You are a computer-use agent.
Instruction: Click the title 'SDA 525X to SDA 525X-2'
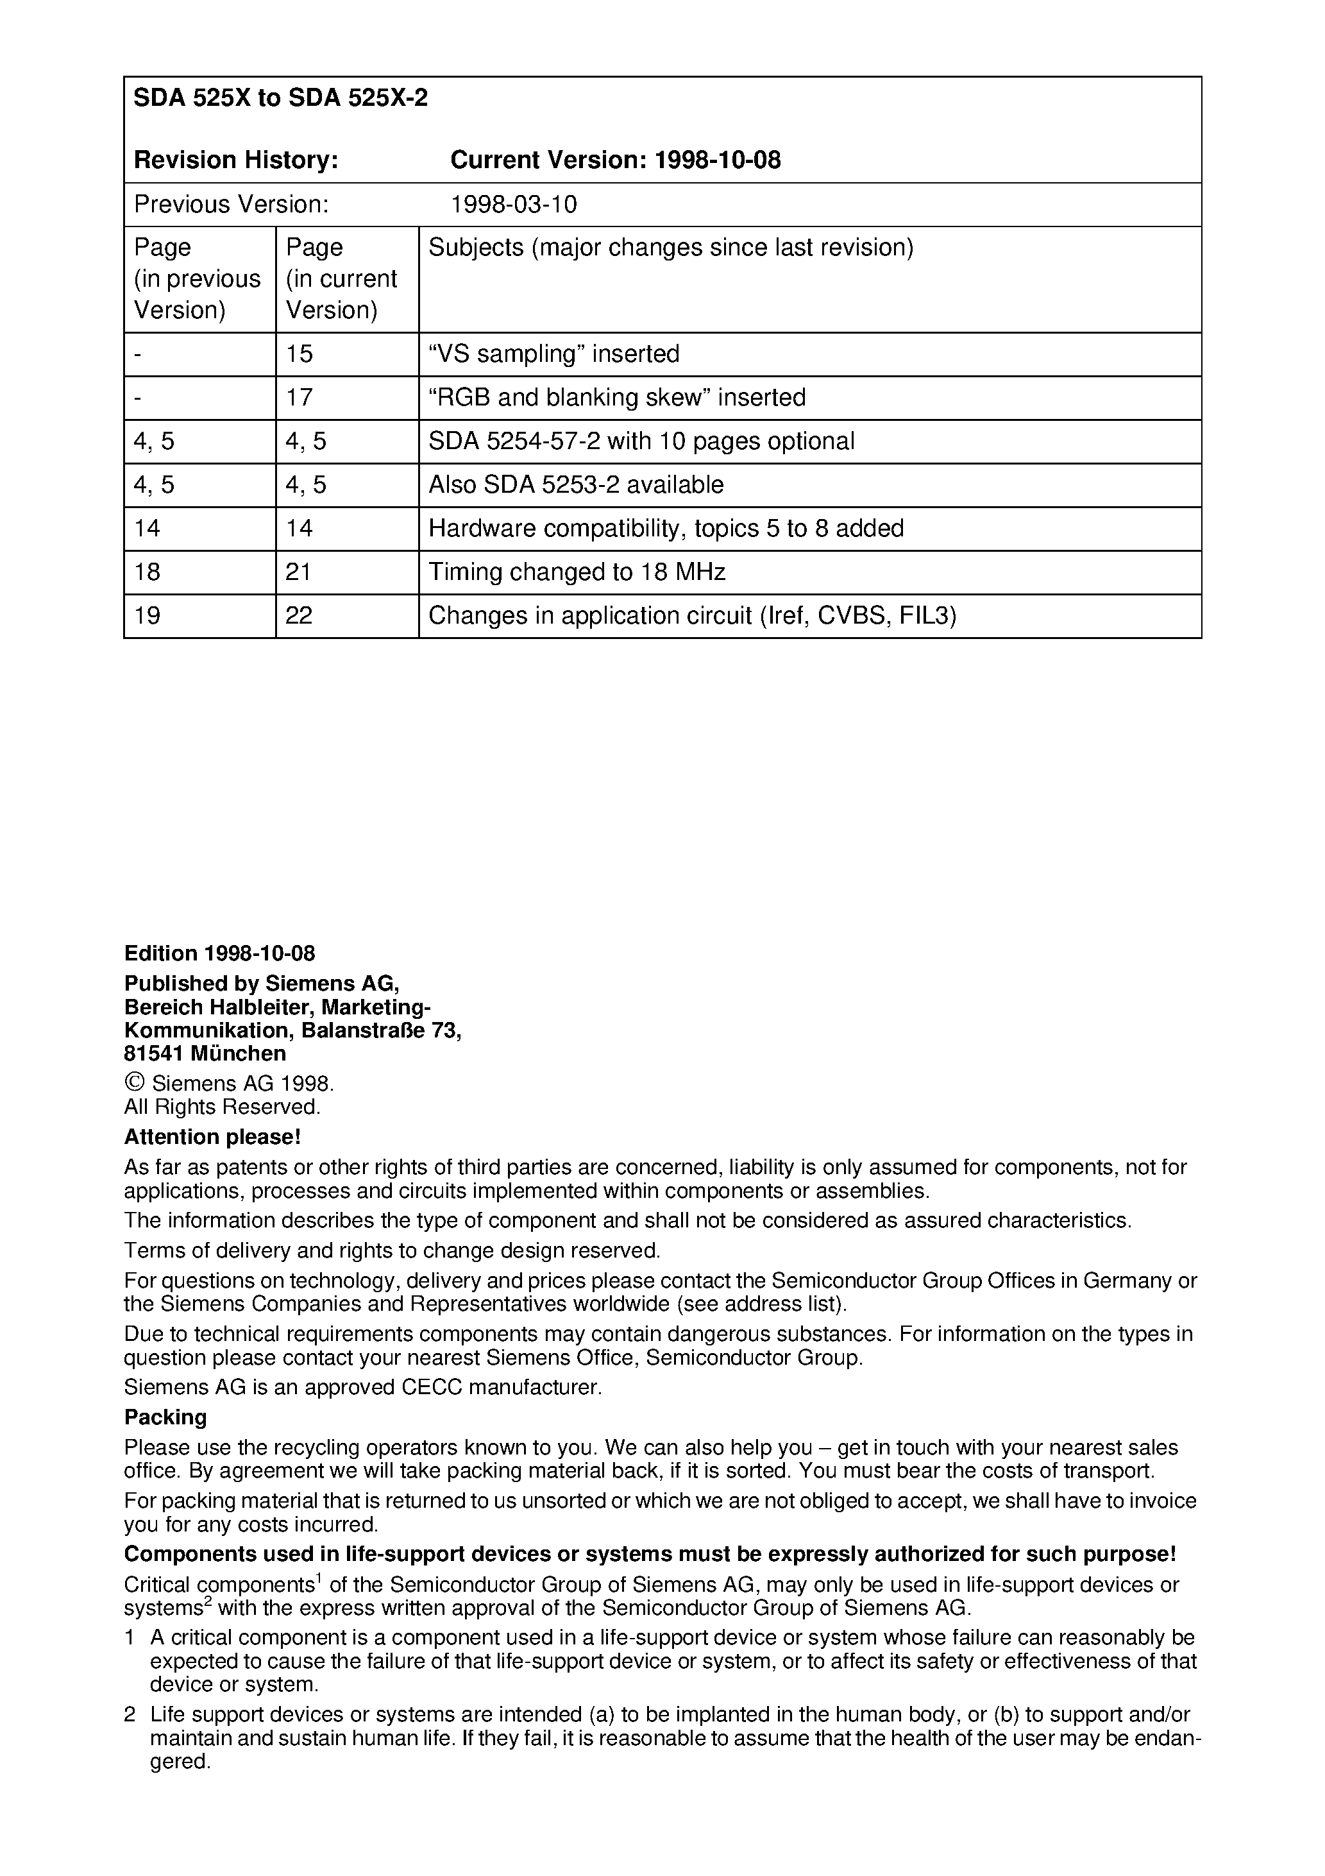tap(280, 99)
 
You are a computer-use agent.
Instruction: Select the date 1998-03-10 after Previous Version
tap(513, 204)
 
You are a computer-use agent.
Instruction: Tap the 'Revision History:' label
tap(236, 160)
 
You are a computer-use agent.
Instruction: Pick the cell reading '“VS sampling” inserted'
tap(554, 354)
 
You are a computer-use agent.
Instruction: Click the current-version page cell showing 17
tap(300, 398)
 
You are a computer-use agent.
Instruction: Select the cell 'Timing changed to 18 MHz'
tap(577, 572)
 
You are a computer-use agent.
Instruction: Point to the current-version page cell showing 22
tap(300, 615)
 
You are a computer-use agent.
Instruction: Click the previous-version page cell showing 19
tap(148, 615)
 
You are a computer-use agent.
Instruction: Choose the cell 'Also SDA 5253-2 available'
tap(576, 485)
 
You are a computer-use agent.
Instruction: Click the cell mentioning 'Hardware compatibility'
tap(666, 529)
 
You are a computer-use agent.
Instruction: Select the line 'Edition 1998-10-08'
tap(220, 953)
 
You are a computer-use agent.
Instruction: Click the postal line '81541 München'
tap(205, 1053)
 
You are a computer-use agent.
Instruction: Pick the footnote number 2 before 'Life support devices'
tap(130, 1714)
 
